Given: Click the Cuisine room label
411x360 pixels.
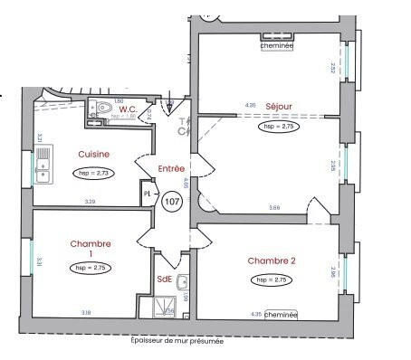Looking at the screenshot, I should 94,154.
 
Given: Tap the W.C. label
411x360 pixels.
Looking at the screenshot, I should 127,109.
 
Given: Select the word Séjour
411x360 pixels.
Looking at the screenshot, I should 279,107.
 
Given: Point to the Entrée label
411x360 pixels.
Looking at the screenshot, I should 171,169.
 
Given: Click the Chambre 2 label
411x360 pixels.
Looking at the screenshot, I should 272,261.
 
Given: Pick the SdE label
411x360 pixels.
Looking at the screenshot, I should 164,279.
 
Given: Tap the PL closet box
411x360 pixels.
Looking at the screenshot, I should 147,194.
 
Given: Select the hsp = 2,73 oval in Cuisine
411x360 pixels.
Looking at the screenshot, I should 93,173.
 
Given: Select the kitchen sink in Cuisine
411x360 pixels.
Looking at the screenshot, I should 43,166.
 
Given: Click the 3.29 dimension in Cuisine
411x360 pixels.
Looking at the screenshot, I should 91,201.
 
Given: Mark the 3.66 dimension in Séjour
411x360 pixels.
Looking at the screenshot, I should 274,207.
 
